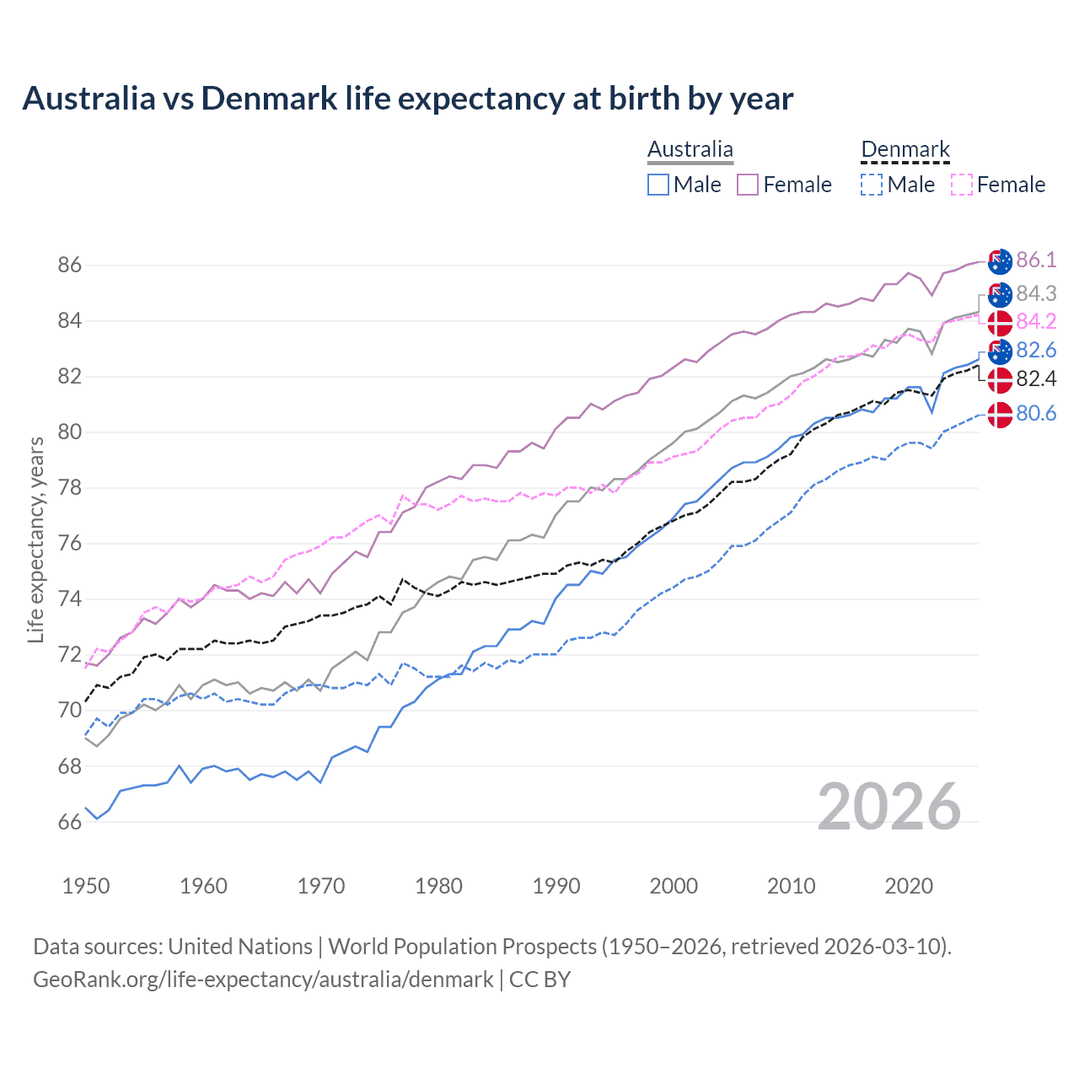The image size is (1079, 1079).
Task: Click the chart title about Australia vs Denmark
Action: (x=407, y=99)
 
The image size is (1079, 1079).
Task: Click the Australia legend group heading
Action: (x=690, y=150)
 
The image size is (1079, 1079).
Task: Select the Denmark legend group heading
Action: (x=905, y=150)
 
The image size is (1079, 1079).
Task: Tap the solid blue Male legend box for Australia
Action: (x=658, y=185)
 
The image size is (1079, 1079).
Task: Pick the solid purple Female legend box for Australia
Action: (x=748, y=185)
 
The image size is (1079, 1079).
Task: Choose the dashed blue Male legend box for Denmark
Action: (x=872, y=185)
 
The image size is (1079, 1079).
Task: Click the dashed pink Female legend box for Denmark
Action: (x=962, y=185)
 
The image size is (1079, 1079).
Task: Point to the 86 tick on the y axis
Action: (x=69, y=266)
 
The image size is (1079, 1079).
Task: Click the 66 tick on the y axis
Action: (x=69, y=823)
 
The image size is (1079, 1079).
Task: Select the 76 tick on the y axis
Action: (x=69, y=544)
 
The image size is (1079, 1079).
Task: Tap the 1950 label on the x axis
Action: (x=86, y=886)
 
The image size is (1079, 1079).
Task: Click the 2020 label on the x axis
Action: (x=909, y=886)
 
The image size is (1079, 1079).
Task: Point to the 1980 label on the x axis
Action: (x=438, y=886)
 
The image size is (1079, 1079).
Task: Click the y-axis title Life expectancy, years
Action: (x=35, y=539)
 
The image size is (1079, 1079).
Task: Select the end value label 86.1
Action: (x=1036, y=260)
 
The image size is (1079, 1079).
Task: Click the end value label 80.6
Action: (x=1036, y=413)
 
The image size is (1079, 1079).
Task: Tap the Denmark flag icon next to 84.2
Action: (x=1000, y=323)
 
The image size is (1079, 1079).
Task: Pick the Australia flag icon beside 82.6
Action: (x=1000, y=352)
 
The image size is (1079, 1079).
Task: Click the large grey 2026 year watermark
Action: (x=889, y=807)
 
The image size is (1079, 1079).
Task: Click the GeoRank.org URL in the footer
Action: (x=263, y=980)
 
